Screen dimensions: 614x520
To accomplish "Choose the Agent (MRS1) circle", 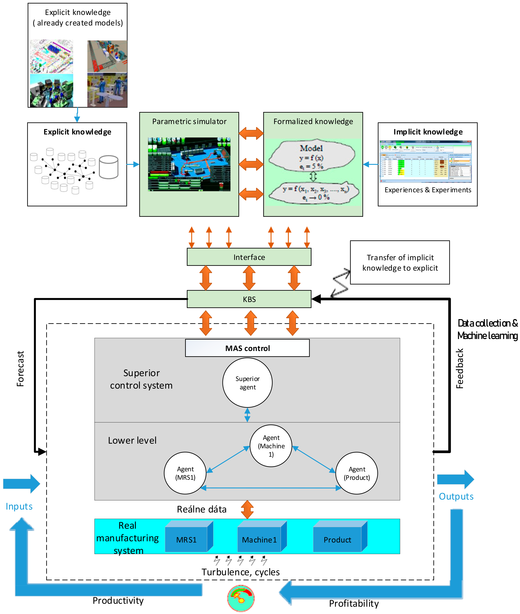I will [x=185, y=473].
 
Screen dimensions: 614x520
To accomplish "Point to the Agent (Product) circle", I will [x=356, y=473].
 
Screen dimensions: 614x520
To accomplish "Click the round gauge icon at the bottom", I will [x=241, y=598].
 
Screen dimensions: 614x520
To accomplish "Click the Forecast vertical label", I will [x=20, y=368].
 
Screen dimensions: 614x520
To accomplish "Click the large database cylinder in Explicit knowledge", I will [x=109, y=167].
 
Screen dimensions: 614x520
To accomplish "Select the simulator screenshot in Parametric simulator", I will [x=189, y=164].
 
